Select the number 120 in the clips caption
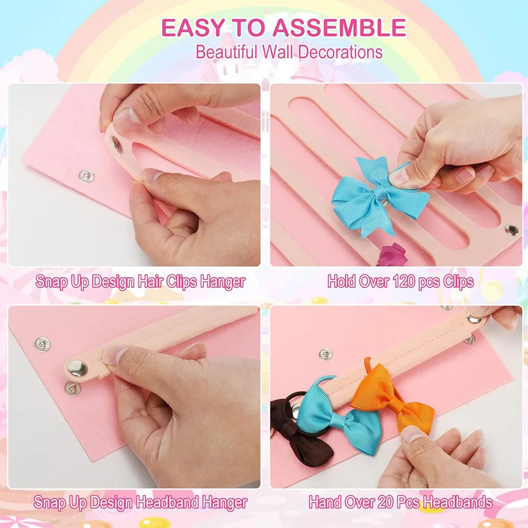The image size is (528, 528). [x=404, y=281]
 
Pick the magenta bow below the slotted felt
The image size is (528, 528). [x=393, y=254]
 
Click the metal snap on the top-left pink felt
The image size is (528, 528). [x=87, y=176]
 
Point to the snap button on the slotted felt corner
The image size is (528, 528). [x=511, y=230]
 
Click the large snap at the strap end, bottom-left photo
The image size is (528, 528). [x=78, y=368]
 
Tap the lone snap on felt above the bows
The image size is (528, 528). [x=326, y=354]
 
